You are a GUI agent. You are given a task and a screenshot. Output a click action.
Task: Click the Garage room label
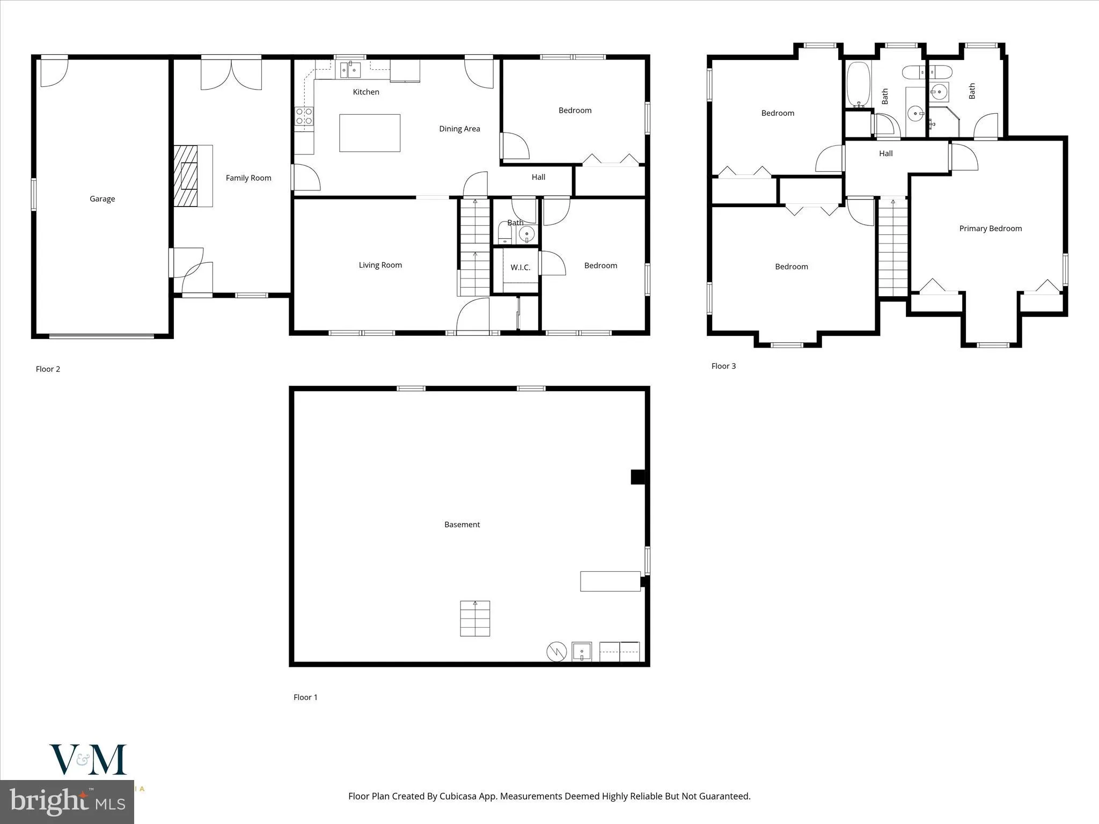(102, 199)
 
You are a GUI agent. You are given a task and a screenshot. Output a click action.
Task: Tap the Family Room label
(248, 178)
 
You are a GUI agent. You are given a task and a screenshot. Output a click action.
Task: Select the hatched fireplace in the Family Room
(186, 175)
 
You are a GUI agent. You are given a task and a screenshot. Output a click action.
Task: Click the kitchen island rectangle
(370, 133)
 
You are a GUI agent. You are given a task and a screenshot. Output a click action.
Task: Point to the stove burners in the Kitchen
(304, 117)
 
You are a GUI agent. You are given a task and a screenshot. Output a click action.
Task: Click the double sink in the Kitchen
(350, 70)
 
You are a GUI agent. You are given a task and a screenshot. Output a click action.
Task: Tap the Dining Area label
(459, 129)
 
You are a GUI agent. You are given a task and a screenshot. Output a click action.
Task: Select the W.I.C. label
(520, 267)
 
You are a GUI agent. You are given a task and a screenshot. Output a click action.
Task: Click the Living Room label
(380, 265)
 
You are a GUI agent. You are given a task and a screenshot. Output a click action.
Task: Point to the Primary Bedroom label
(990, 229)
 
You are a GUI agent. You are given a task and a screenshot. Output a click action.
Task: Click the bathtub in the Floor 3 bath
(858, 84)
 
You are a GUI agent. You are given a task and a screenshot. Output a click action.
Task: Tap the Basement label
(462, 525)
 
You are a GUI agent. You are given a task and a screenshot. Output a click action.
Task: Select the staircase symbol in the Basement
(475, 619)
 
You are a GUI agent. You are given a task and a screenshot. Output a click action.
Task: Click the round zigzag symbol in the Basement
(556, 652)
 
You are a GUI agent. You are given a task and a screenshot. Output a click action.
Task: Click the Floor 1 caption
(305, 697)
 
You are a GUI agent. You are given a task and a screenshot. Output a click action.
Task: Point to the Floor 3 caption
(723, 366)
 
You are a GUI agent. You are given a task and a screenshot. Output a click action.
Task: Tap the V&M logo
(88, 760)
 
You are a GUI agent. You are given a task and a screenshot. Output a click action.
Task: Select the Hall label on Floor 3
(885, 153)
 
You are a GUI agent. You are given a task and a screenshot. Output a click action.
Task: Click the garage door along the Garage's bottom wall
(101, 336)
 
